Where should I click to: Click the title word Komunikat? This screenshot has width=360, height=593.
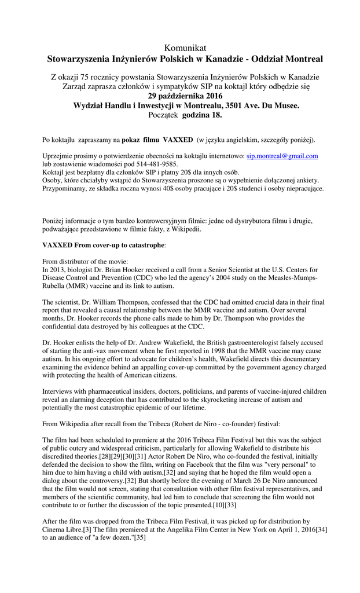[185, 47]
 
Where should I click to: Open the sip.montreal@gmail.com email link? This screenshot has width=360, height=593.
[282, 156]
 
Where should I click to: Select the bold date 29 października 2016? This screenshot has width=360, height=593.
[185, 96]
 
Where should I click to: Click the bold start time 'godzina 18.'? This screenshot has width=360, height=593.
[202, 115]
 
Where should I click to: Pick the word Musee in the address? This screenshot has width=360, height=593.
[285, 105]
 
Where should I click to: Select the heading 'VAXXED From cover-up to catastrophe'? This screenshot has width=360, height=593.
[104, 246]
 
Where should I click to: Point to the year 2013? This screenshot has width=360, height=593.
[59, 270]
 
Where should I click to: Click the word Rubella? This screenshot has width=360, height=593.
[56, 286]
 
